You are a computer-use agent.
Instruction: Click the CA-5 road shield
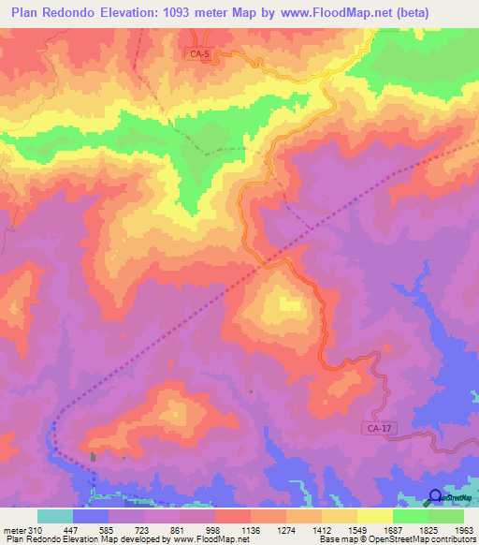[x=200, y=55]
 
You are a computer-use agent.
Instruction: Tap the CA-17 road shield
[x=373, y=429]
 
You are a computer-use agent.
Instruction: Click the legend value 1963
[x=463, y=529]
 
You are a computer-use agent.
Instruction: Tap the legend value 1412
[x=321, y=529]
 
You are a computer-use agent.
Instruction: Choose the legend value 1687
[x=392, y=529]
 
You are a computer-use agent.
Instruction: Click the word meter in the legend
[x=15, y=529]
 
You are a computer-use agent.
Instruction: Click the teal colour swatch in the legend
[x=55, y=516]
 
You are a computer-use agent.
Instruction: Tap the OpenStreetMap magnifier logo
[x=434, y=497]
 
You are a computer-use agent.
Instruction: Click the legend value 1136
[x=251, y=529]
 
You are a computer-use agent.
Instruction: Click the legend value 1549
[x=356, y=529]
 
